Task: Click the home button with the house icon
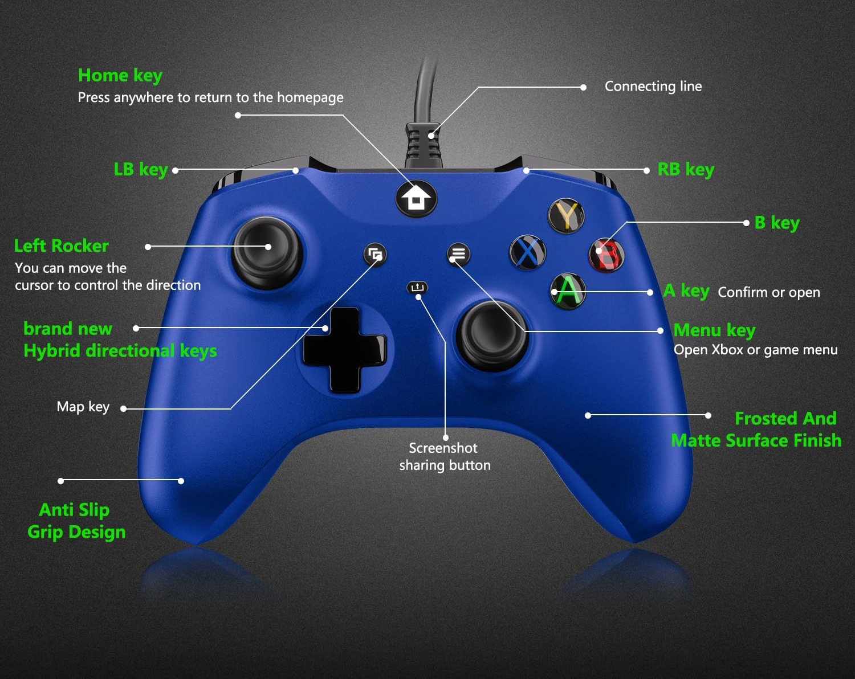416,199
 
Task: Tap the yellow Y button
566,215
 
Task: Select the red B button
606,254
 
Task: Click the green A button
568,291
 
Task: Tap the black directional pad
344,349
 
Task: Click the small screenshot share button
417,288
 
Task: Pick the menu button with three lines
458,254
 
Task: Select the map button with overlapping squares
375,254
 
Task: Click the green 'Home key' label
120,75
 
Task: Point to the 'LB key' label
140,170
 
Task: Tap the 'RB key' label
685,169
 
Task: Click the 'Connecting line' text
653,87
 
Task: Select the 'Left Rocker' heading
62,246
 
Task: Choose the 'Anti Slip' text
74,509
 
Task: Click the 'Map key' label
83,407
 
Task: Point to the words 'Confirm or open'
768,292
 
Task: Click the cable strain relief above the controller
424,145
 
